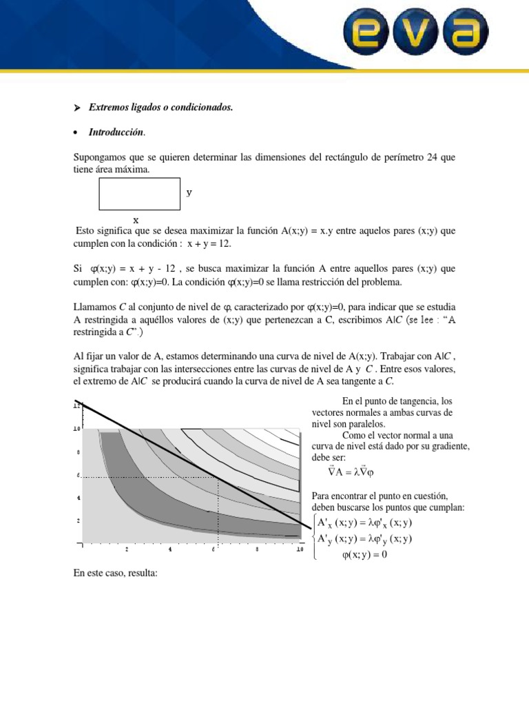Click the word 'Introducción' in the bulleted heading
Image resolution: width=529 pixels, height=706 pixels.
point(116,132)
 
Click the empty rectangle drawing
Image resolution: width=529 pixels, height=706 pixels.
point(140,194)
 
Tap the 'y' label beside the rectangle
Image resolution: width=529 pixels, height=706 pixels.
point(189,193)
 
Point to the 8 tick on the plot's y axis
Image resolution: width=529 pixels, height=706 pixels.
point(78,452)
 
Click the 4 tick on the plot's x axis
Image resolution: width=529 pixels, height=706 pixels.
point(169,549)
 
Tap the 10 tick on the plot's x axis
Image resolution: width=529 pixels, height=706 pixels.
point(300,549)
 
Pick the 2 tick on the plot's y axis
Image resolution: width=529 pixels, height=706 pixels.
point(78,521)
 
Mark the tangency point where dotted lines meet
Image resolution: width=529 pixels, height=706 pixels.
point(218,476)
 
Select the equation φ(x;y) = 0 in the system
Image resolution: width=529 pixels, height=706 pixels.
point(364,554)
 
